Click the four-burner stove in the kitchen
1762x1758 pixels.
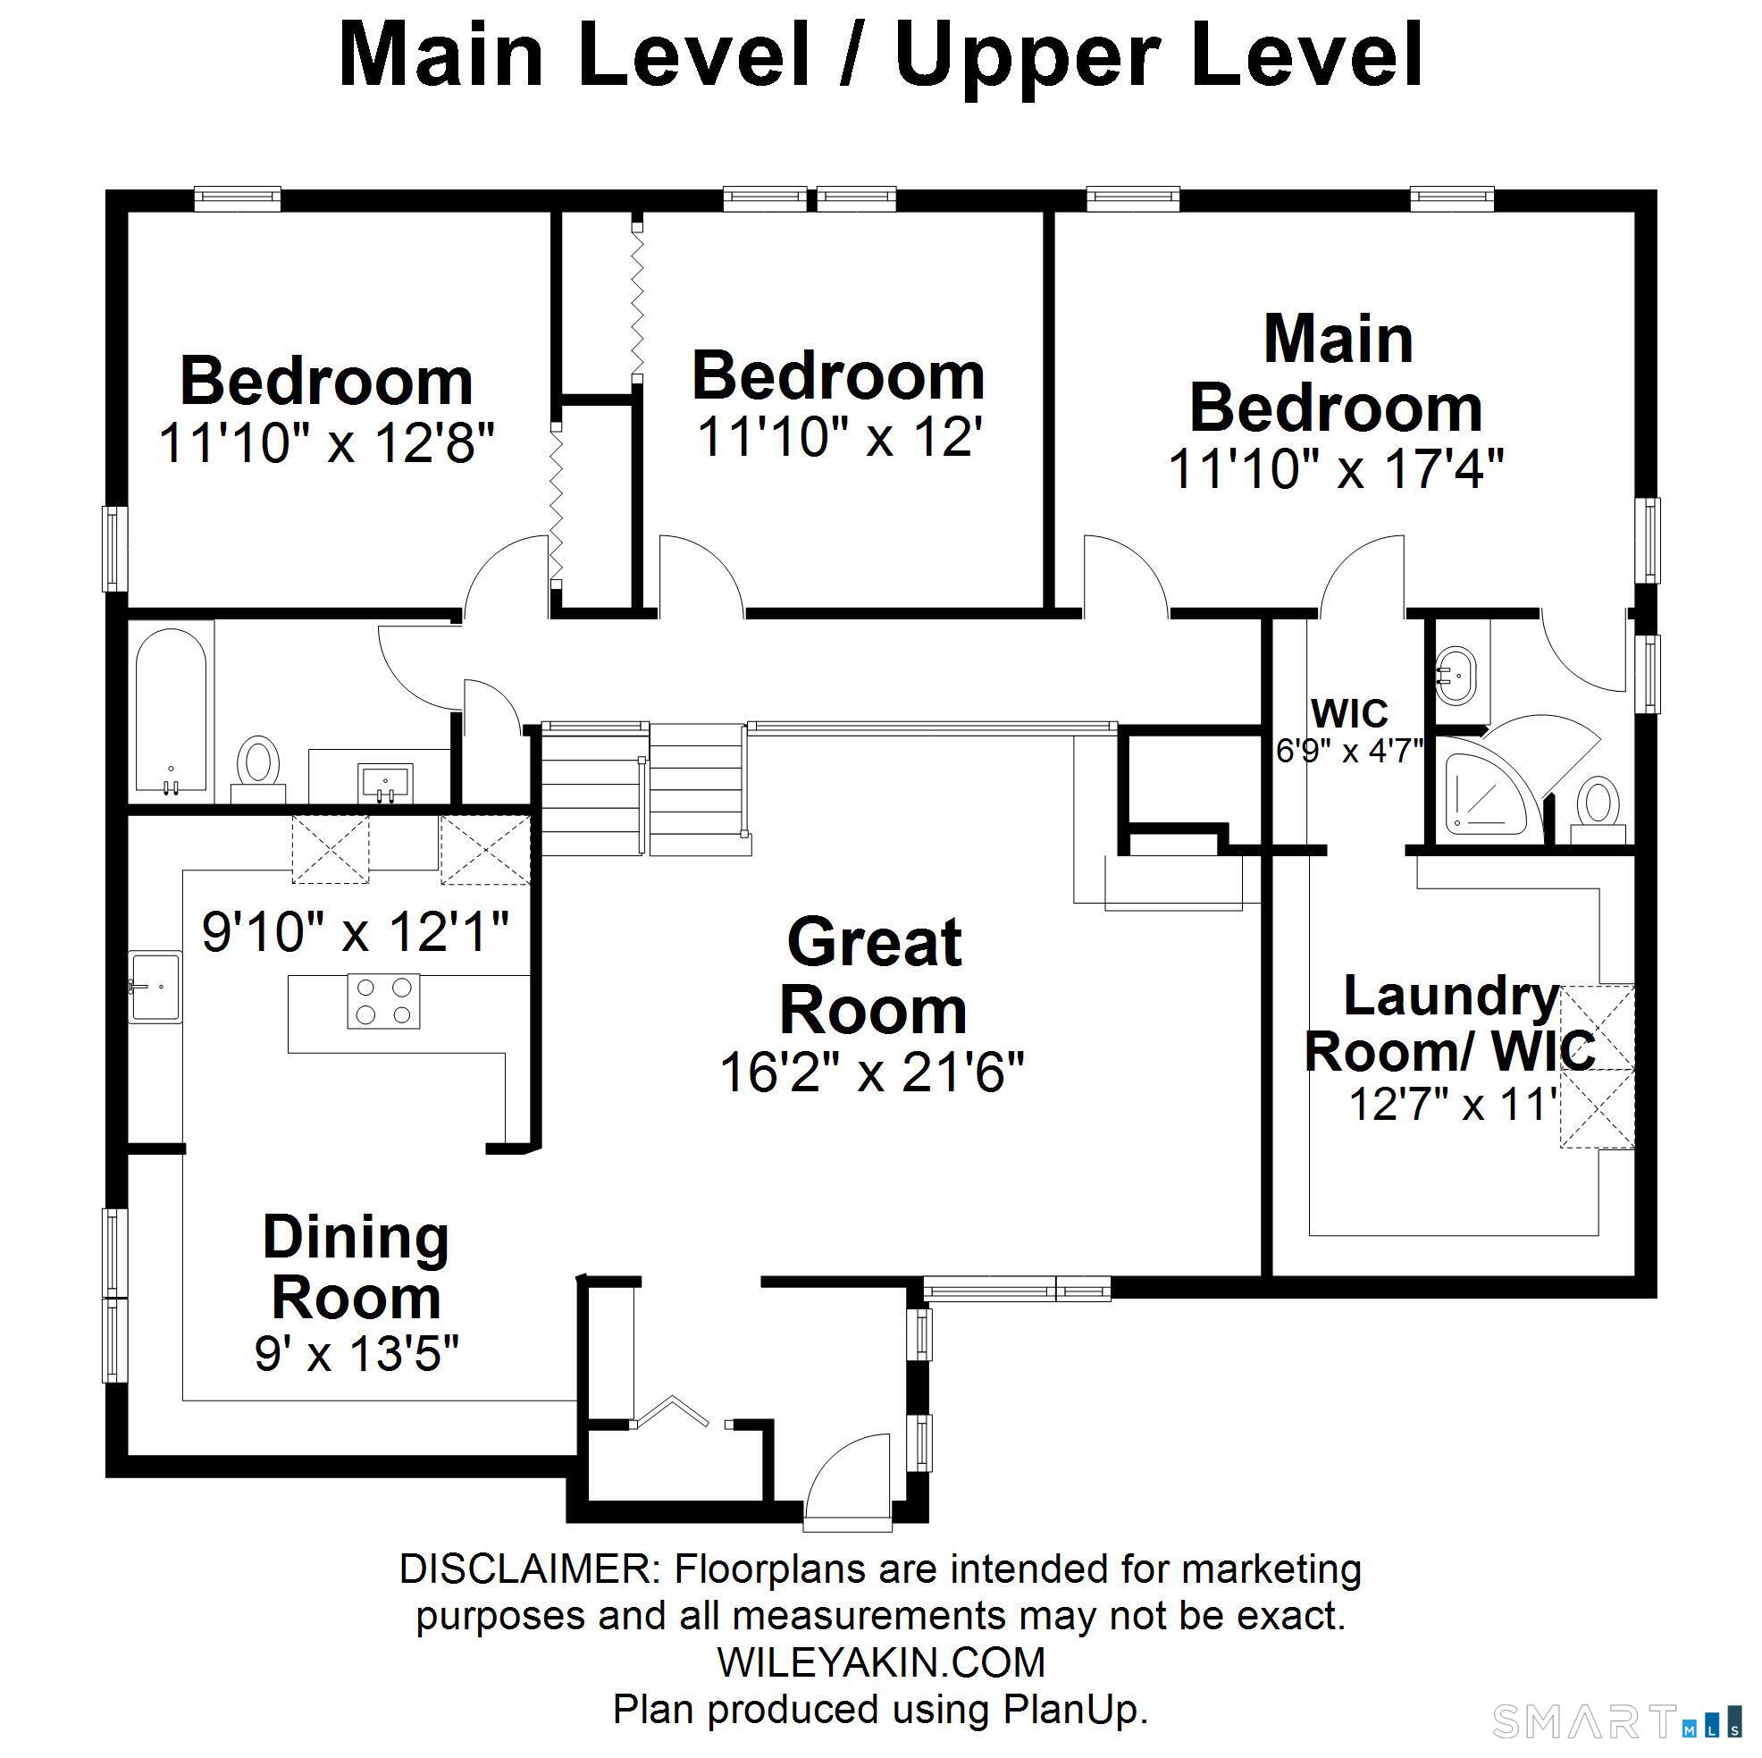point(383,1001)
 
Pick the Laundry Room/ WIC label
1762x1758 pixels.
point(1449,1022)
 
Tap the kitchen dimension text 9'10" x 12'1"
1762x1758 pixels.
point(355,931)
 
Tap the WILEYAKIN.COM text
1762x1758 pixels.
point(880,1662)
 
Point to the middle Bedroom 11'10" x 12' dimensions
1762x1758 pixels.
point(840,437)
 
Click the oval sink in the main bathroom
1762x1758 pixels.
point(1456,676)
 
